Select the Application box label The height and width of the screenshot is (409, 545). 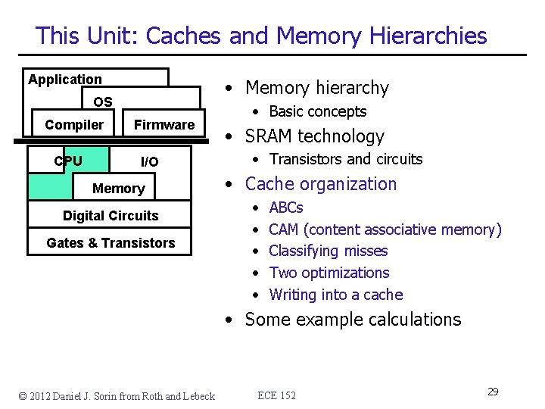coord(65,80)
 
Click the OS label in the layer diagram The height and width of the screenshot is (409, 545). coord(103,102)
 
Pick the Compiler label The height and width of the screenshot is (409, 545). coord(74,125)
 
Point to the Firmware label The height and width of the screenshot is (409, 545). coord(164,125)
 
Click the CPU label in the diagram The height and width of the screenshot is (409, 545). coord(68,161)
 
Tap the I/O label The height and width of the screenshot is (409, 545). coord(150,162)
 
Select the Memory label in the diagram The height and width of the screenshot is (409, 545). coord(118,189)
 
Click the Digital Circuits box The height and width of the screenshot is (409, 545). coord(111,216)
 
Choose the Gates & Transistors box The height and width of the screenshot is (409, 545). coord(111,243)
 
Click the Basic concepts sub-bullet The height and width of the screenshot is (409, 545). coord(317,111)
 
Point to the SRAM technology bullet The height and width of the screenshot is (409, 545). coord(314,136)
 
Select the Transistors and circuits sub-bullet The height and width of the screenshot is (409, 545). coord(345,159)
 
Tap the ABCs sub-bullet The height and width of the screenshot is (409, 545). coord(286,208)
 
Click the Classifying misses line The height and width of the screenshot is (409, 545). coord(328,251)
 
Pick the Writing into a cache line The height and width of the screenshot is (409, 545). coord(335,295)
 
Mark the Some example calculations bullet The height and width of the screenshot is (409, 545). coord(353,320)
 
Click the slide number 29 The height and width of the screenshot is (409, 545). coord(492,392)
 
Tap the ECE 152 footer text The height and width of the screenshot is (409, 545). coord(277,395)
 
